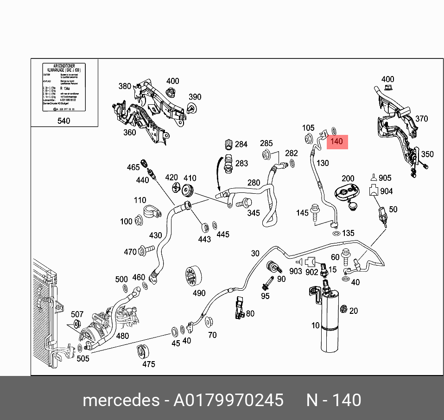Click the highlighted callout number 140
coord(337,141)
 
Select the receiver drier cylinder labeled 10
coord(328,320)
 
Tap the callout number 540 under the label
coord(63,121)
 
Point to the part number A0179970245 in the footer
coord(228,400)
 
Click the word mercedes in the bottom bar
coord(120,400)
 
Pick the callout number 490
coord(199,293)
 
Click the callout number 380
coord(125,86)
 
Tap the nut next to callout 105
coord(308,138)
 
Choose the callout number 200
coord(348,178)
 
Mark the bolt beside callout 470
coord(147,251)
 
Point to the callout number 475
coord(148,364)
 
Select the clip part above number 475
coord(142,352)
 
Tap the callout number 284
coord(241,144)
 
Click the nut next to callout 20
coord(343,310)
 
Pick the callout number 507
coord(77,315)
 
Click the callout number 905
coord(385,178)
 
